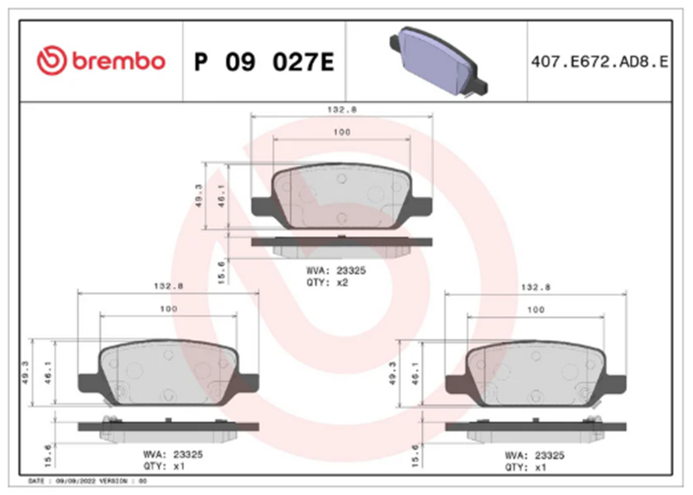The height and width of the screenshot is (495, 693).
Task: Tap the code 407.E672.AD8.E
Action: click(x=599, y=62)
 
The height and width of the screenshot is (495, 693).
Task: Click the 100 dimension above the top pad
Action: click(x=341, y=132)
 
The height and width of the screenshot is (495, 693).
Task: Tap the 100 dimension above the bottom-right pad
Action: click(x=535, y=309)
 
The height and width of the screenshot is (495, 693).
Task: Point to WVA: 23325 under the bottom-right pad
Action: click(x=534, y=456)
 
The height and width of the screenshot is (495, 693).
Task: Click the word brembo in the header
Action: click(x=118, y=61)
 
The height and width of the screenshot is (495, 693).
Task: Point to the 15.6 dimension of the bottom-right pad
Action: click(x=415, y=453)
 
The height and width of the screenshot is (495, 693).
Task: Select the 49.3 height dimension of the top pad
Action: click(x=199, y=196)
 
